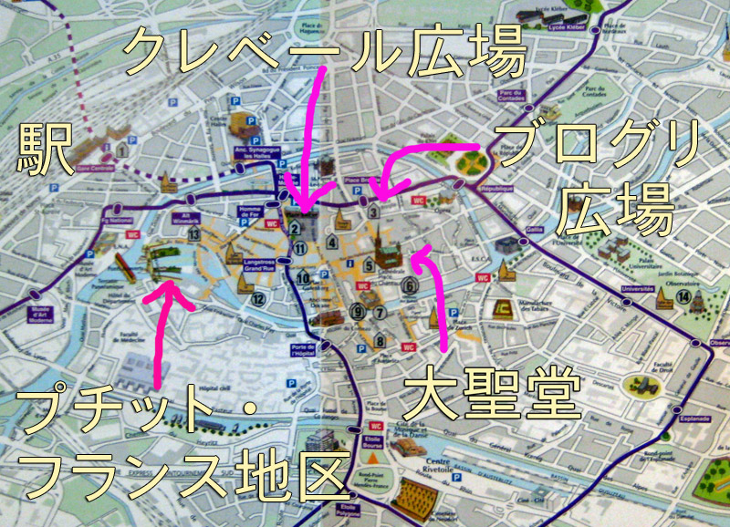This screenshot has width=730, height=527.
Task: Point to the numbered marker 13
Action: pyautogui.click(x=194, y=234)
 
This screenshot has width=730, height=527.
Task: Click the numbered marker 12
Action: pyautogui.click(x=258, y=298)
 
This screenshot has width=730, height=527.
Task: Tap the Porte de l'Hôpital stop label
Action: pyautogui.click(x=304, y=349)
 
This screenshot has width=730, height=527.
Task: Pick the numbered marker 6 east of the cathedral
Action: pyautogui.click(x=411, y=285)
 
